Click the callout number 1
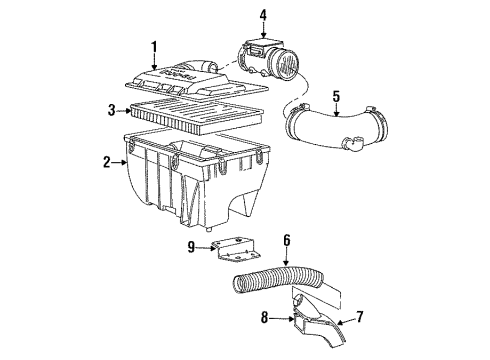[154, 46]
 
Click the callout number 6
[286, 239]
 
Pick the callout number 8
[264, 320]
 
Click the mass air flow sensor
[270, 60]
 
